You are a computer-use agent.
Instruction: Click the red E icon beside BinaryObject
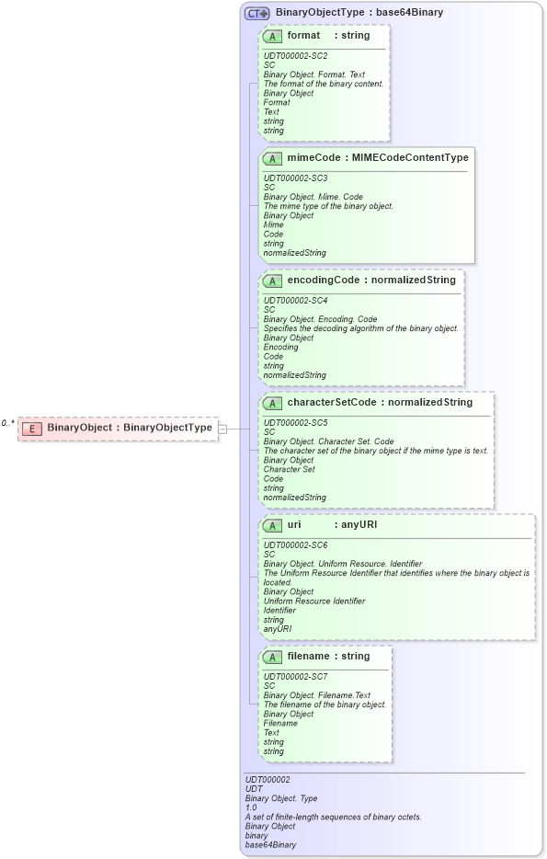tap(31, 428)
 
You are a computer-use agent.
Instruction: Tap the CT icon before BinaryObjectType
tap(256, 13)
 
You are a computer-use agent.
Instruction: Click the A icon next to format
tap(272, 36)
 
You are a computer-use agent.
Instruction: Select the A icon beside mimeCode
tap(272, 158)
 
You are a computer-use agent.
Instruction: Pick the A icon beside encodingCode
tap(272, 280)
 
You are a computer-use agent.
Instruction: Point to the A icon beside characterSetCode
tap(272, 402)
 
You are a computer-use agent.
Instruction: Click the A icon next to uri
tap(272, 525)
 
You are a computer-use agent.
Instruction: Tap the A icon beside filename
tap(272, 657)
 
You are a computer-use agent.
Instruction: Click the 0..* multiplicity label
tap(8, 424)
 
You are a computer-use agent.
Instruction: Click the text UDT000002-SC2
tap(295, 56)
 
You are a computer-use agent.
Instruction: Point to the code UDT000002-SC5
tap(295, 422)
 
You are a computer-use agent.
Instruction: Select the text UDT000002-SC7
tap(295, 677)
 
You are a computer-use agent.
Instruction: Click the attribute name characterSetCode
tap(319, 402)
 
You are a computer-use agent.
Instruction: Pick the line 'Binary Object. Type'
tap(276, 798)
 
